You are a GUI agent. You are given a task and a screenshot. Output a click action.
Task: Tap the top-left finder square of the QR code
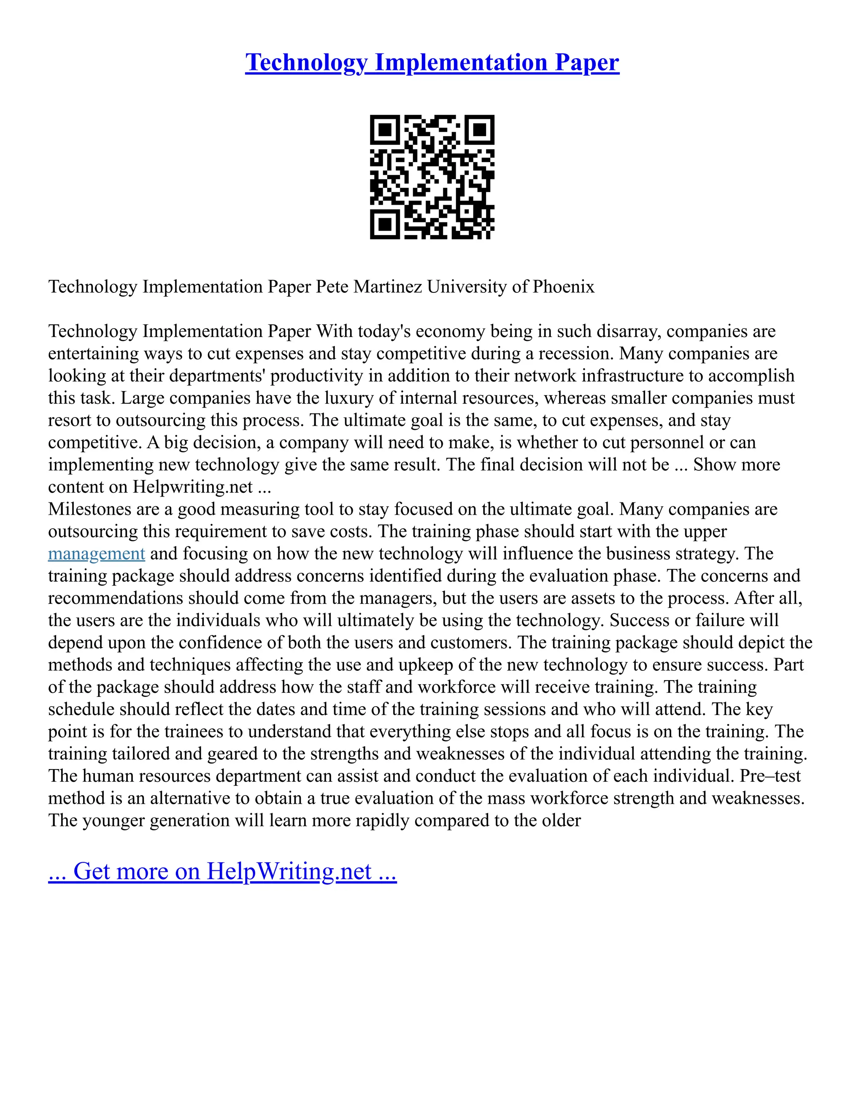[384, 129]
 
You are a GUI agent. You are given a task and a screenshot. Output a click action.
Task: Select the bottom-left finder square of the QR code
[384, 225]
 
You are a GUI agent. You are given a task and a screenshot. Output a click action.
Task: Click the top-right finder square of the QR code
[480, 129]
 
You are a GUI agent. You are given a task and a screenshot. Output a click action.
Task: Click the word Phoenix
[563, 286]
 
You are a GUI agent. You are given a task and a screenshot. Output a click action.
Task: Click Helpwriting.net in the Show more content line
[192, 487]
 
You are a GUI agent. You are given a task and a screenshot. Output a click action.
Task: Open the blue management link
[96, 554]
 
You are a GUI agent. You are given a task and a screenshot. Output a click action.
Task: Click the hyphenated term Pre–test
[770, 776]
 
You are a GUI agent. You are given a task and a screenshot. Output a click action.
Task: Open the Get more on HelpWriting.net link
[222, 871]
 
